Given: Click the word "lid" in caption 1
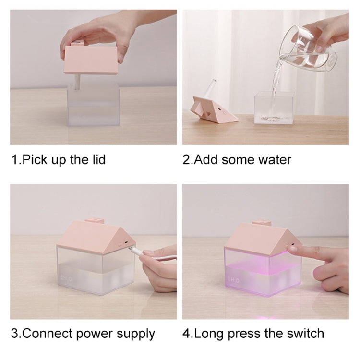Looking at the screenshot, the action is coord(99,159).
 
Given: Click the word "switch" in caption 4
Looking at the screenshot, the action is coord(305,334).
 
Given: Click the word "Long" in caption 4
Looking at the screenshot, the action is coord(209,334).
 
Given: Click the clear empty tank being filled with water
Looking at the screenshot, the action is coord(274,108).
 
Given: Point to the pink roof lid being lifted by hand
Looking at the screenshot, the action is coord(91,59).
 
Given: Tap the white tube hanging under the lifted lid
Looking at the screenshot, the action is coord(77,83).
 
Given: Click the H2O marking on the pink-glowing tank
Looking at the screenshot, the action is coord(234,280).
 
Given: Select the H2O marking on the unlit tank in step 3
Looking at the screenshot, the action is coord(66,279).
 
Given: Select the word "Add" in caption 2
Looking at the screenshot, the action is coord(206,159).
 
